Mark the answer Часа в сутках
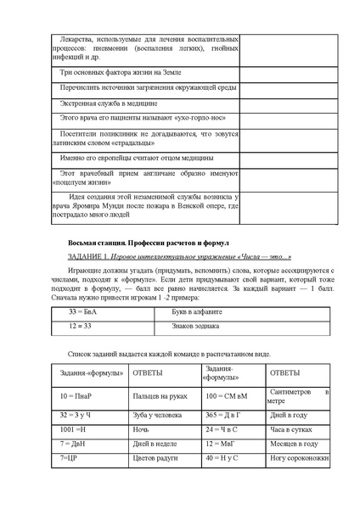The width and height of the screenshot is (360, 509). [290, 429]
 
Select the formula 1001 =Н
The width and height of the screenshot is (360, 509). [73, 429]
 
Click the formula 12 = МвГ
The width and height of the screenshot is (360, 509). [221, 444]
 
